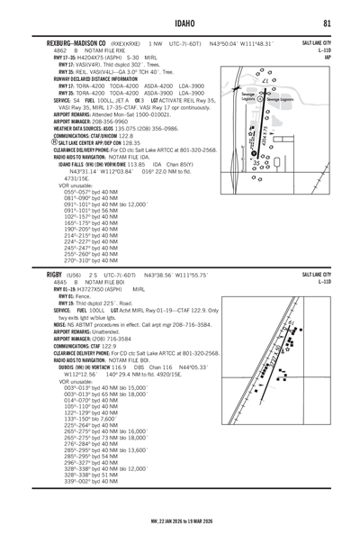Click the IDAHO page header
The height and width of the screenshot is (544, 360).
[x=180, y=22]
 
